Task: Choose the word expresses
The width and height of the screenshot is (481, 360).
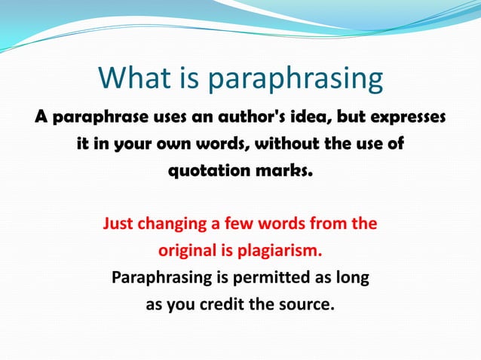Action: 407,117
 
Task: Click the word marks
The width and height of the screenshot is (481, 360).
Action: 283,169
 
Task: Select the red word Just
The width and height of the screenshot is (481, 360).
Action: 118,224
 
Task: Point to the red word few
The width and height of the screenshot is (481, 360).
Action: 240,224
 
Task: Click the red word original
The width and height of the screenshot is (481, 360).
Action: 184,250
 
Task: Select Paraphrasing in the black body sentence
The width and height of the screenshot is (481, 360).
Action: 161,278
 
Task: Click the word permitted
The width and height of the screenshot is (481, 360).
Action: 274,278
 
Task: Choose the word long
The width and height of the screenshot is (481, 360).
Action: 352,278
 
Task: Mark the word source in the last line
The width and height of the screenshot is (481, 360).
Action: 306,305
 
